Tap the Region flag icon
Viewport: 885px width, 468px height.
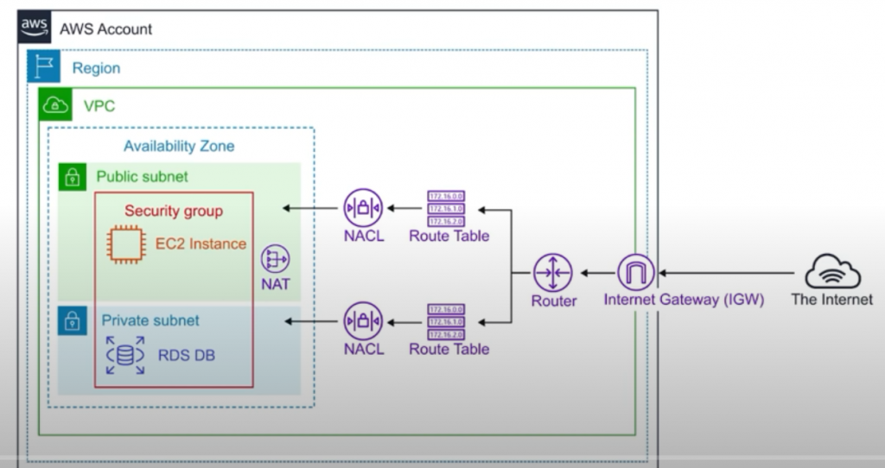pyautogui.click(x=43, y=66)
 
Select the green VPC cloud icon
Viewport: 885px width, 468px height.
pyautogui.click(x=56, y=105)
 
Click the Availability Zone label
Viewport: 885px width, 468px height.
pyautogui.click(x=178, y=146)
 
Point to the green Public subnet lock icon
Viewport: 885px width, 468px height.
pyautogui.click(x=73, y=178)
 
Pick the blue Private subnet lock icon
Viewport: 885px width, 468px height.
pyautogui.click(x=73, y=321)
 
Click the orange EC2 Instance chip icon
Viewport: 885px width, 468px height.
pyautogui.click(x=125, y=244)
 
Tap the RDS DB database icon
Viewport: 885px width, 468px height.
pyautogui.click(x=125, y=356)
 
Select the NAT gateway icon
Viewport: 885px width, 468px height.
pyautogui.click(x=275, y=260)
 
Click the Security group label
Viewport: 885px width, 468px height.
pyautogui.click(x=173, y=211)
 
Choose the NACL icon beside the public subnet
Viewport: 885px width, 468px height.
pyautogui.click(x=363, y=208)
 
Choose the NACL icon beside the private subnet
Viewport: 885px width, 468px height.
pyautogui.click(x=363, y=321)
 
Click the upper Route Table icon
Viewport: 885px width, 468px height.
pyautogui.click(x=449, y=208)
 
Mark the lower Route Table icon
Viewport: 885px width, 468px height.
pyautogui.click(x=449, y=321)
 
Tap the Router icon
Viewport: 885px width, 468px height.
pyautogui.click(x=553, y=273)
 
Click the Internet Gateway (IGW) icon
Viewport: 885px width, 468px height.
pyautogui.click(x=636, y=273)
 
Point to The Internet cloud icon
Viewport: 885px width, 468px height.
pyautogui.click(x=832, y=271)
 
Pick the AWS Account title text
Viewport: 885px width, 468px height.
pyautogui.click(x=105, y=28)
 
